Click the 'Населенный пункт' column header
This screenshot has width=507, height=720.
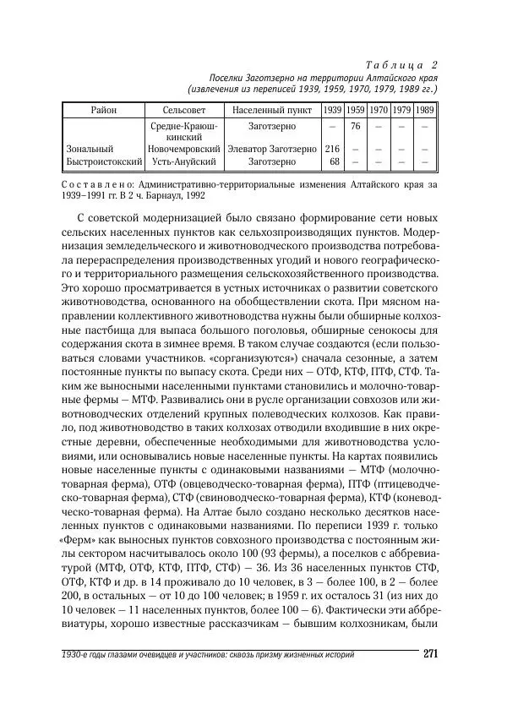(x=271, y=111)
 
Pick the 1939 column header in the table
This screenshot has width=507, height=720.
(x=333, y=111)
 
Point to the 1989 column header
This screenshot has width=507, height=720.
(x=425, y=111)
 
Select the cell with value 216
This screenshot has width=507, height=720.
(x=333, y=149)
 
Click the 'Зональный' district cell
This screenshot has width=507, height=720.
(x=90, y=149)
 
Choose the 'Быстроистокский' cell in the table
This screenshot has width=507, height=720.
(x=102, y=161)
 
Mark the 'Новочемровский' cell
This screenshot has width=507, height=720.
(x=184, y=149)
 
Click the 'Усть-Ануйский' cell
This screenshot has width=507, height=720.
(x=184, y=161)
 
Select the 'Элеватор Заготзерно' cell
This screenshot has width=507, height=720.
(x=271, y=149)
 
